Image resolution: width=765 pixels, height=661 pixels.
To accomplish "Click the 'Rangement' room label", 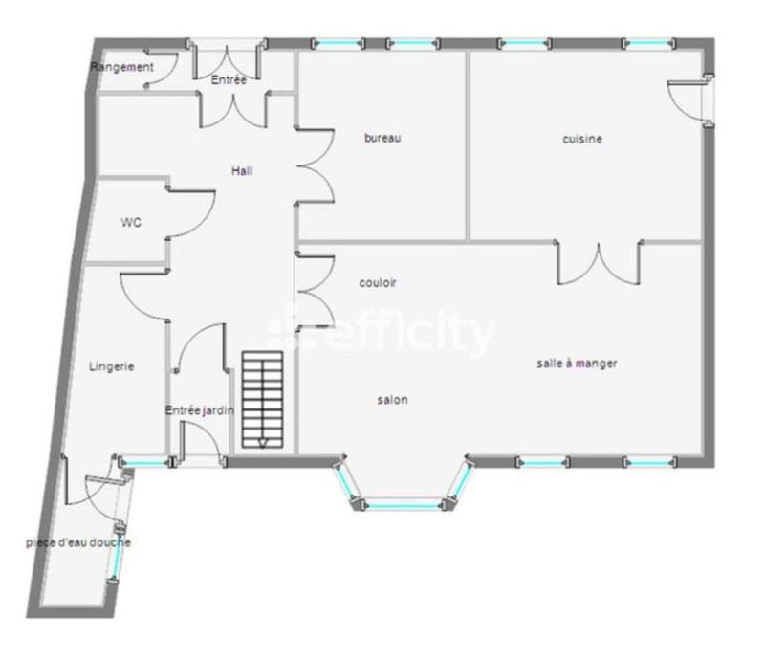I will pos(121,67).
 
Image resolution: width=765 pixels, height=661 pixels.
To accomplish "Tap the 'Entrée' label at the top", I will pos(229,80).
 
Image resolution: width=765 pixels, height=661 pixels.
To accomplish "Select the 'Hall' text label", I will pos(242,171).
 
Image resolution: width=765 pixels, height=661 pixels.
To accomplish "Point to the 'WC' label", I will pos(131,223).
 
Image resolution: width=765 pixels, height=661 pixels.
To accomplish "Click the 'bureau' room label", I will pos(382,138).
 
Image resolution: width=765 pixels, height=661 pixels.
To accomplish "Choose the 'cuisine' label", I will pos(582,139).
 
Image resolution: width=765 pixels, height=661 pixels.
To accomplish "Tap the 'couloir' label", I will pos(378,283).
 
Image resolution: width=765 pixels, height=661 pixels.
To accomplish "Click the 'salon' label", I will pos(392,400).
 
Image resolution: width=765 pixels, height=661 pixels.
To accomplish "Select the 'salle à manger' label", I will pos(576,364).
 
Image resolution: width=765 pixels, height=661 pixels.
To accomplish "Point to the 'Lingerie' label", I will pos(112,366).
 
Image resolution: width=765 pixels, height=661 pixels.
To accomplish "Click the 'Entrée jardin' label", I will pos(200,410).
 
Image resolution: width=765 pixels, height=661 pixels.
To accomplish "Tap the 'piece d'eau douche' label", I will pos(78,543).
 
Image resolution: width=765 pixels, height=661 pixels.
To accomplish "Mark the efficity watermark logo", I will pos(382,333).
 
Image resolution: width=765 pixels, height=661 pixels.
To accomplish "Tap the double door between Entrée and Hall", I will pos(232,109).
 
